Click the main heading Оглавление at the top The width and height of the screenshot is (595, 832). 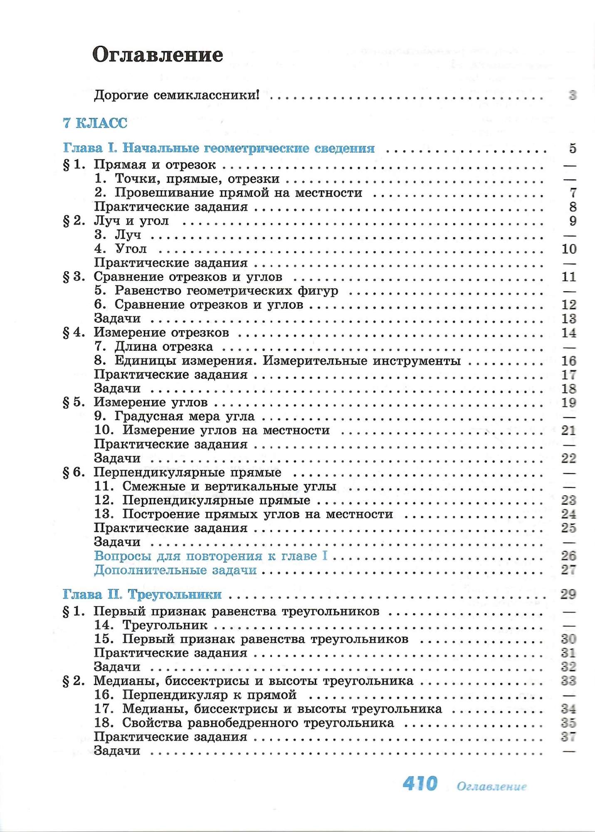[x=158, y=54]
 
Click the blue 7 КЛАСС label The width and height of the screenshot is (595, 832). [x=95, y=123]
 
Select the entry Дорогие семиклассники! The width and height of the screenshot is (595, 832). [x=177, y=95]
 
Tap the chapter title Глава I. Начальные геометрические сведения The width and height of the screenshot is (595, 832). [x=219, y=148]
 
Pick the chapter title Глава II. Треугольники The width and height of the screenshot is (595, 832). [x=142, y=594]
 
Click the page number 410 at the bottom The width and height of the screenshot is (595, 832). [x=420, y=784]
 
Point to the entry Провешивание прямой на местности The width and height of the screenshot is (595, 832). [x=238, y=193]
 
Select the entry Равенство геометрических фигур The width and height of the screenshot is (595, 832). [x=226, y=291]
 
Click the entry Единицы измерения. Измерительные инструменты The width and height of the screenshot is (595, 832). [x=287, y=361]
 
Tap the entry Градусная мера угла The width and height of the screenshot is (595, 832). [x=185, y=416]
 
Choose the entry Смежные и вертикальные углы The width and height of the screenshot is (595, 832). [x=229, y=486]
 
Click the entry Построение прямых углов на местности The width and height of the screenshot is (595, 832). [x=257, y=514]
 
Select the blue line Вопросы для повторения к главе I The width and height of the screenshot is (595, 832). [x=211, y=556]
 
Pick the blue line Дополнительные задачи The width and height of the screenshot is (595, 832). [x=175, y=570]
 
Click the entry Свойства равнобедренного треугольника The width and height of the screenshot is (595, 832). [x=258, y=723]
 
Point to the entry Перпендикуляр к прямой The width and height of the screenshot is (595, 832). [x=209, y=695]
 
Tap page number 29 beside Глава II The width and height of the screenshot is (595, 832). [x=568, y=594]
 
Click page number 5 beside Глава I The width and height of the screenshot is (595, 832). [x=573, y=148]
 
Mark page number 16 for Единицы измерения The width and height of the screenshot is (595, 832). [x=568, y=361]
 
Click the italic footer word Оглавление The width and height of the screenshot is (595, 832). [x=491, y=786]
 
